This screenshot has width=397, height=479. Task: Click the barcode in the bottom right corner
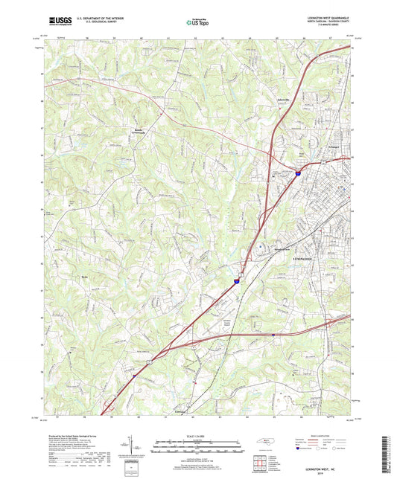pyautogui.click(x=387, y=454)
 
